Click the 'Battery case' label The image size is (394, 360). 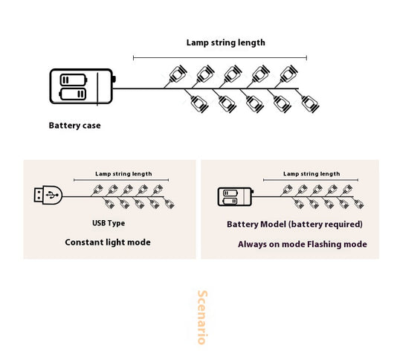point(74,125)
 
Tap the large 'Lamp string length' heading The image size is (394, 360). point(226,42)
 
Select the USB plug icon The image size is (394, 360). point(48,195)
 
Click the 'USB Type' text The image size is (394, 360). point(109,223)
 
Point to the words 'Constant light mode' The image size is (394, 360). point(108,242)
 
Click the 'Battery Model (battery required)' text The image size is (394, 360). point(294,224)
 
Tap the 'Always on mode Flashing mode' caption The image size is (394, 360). point(303,244)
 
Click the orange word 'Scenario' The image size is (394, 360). point(202,318)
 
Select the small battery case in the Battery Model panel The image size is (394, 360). point(236,196)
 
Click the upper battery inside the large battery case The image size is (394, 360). point(74,80)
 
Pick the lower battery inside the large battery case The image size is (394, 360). point(73,94)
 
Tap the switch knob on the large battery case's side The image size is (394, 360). point(114,79)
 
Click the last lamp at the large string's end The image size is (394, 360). point(310,104)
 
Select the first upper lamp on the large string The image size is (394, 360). point(178,74)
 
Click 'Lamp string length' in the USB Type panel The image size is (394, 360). point(123,174)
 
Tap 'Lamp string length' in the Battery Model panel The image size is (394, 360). point(311,174)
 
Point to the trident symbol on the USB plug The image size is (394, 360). point(52,195)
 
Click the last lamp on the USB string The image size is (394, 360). point(169,204)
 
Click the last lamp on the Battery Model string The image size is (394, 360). point(359,204)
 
